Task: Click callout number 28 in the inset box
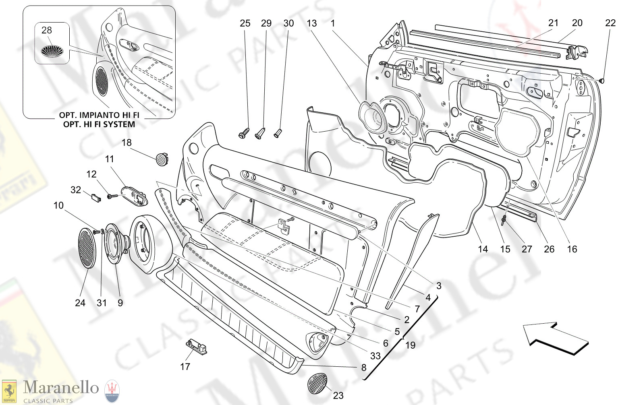47,30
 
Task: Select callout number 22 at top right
610,23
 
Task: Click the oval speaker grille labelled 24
87,248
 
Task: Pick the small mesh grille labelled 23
317,384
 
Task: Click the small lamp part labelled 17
196,347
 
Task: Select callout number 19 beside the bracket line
410,345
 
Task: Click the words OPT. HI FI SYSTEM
99,124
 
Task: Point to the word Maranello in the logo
61,387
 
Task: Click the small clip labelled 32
96,197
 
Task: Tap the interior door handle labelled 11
135,195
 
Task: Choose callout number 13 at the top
312,23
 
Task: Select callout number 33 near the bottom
375,356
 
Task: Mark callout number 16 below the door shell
572,249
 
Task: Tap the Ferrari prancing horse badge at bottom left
9,391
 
